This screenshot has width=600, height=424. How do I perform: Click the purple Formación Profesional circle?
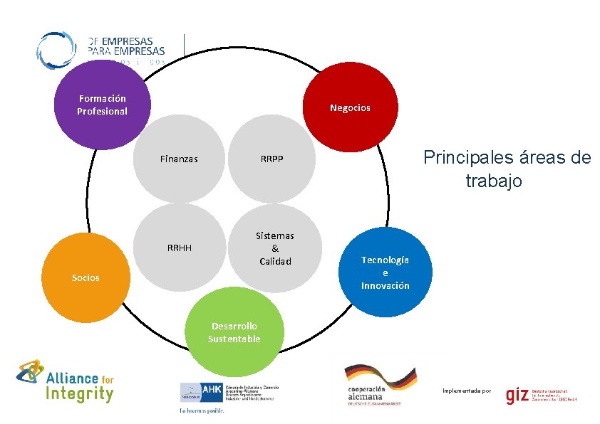[101, 105]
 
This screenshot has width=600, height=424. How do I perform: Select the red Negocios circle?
[350, 108]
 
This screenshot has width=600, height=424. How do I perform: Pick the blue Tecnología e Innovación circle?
[385, 272]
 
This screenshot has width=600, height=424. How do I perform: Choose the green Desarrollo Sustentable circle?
[234, 333]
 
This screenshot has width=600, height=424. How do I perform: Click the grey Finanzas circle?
[179, 159]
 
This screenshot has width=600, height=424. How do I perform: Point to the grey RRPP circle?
[271, 159]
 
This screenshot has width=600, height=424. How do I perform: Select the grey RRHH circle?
[179, 248]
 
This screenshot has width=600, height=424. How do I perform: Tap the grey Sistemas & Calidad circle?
[275, 248]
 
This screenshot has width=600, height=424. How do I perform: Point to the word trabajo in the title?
[494, 181]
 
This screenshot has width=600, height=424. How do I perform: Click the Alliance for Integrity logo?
[66, 381]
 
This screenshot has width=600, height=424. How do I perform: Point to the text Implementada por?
[467, 391]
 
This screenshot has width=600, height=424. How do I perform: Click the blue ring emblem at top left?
[56, 50]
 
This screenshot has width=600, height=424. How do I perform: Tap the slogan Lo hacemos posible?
[202, 410]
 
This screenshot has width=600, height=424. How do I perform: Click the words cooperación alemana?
[366, 393]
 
